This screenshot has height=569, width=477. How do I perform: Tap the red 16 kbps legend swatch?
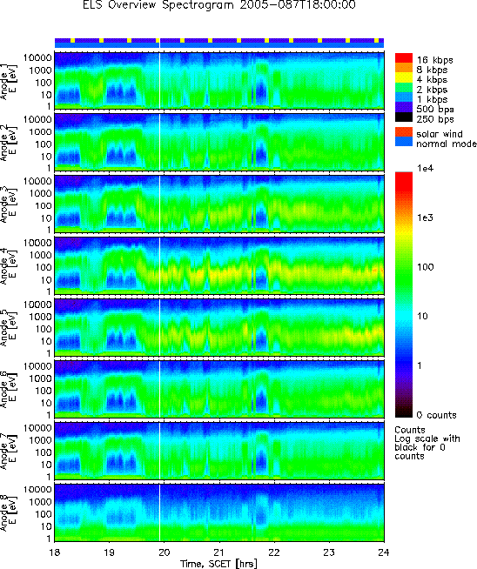pyautogui.click(x=404, y=58)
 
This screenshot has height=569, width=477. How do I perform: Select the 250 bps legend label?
pyautogui.click(x=435, y=119)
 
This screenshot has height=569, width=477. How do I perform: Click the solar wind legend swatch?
pyautogui.click(x=404, y=132)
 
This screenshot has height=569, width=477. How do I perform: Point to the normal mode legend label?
pyautogui.click(x=447, y=144)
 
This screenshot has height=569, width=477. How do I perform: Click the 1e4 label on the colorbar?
pyautogui.click(x=426, y=169)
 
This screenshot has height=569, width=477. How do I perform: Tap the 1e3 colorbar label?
pyautogui.click(x=425, y=218)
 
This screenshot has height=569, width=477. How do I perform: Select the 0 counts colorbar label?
pyautogui.click(x=437, y=415)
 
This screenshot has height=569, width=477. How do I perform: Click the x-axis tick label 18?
pyautogui.click(x=55, y=552)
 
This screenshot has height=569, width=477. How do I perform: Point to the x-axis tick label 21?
pyautogui.click(x=219, y=552)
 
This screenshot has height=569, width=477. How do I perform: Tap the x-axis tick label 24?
pyautogui.click(x=384, y=552)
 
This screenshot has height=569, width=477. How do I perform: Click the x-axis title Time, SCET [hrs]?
pyautogui.click(x=218, y=564)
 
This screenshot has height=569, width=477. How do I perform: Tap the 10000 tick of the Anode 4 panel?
pyautogui.click(x=37, y=243)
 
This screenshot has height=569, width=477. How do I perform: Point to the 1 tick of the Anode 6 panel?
pyautogui.click(x=49, y=415)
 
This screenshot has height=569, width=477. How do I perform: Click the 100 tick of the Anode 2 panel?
pyautogui.click(x=44, y=144)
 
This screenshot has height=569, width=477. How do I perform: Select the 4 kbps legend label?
pyautogui.click(x=432, y=79)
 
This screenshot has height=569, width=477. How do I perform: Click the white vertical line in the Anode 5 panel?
pyautogui.click(x=160, y=327)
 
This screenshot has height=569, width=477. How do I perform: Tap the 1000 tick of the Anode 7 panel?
pyautogui.click(x=41, y=440)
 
